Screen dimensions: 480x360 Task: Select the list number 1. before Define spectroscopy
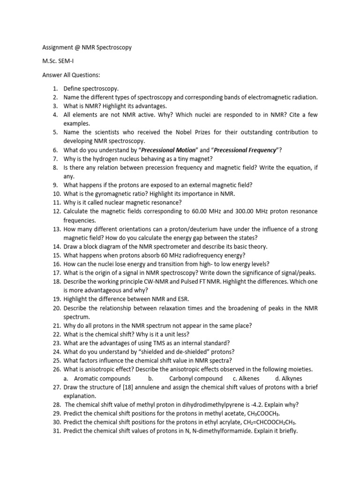pyautogui.click(x=55, y=88)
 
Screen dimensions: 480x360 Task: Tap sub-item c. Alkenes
pyautogui.click(x=247, y=378)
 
